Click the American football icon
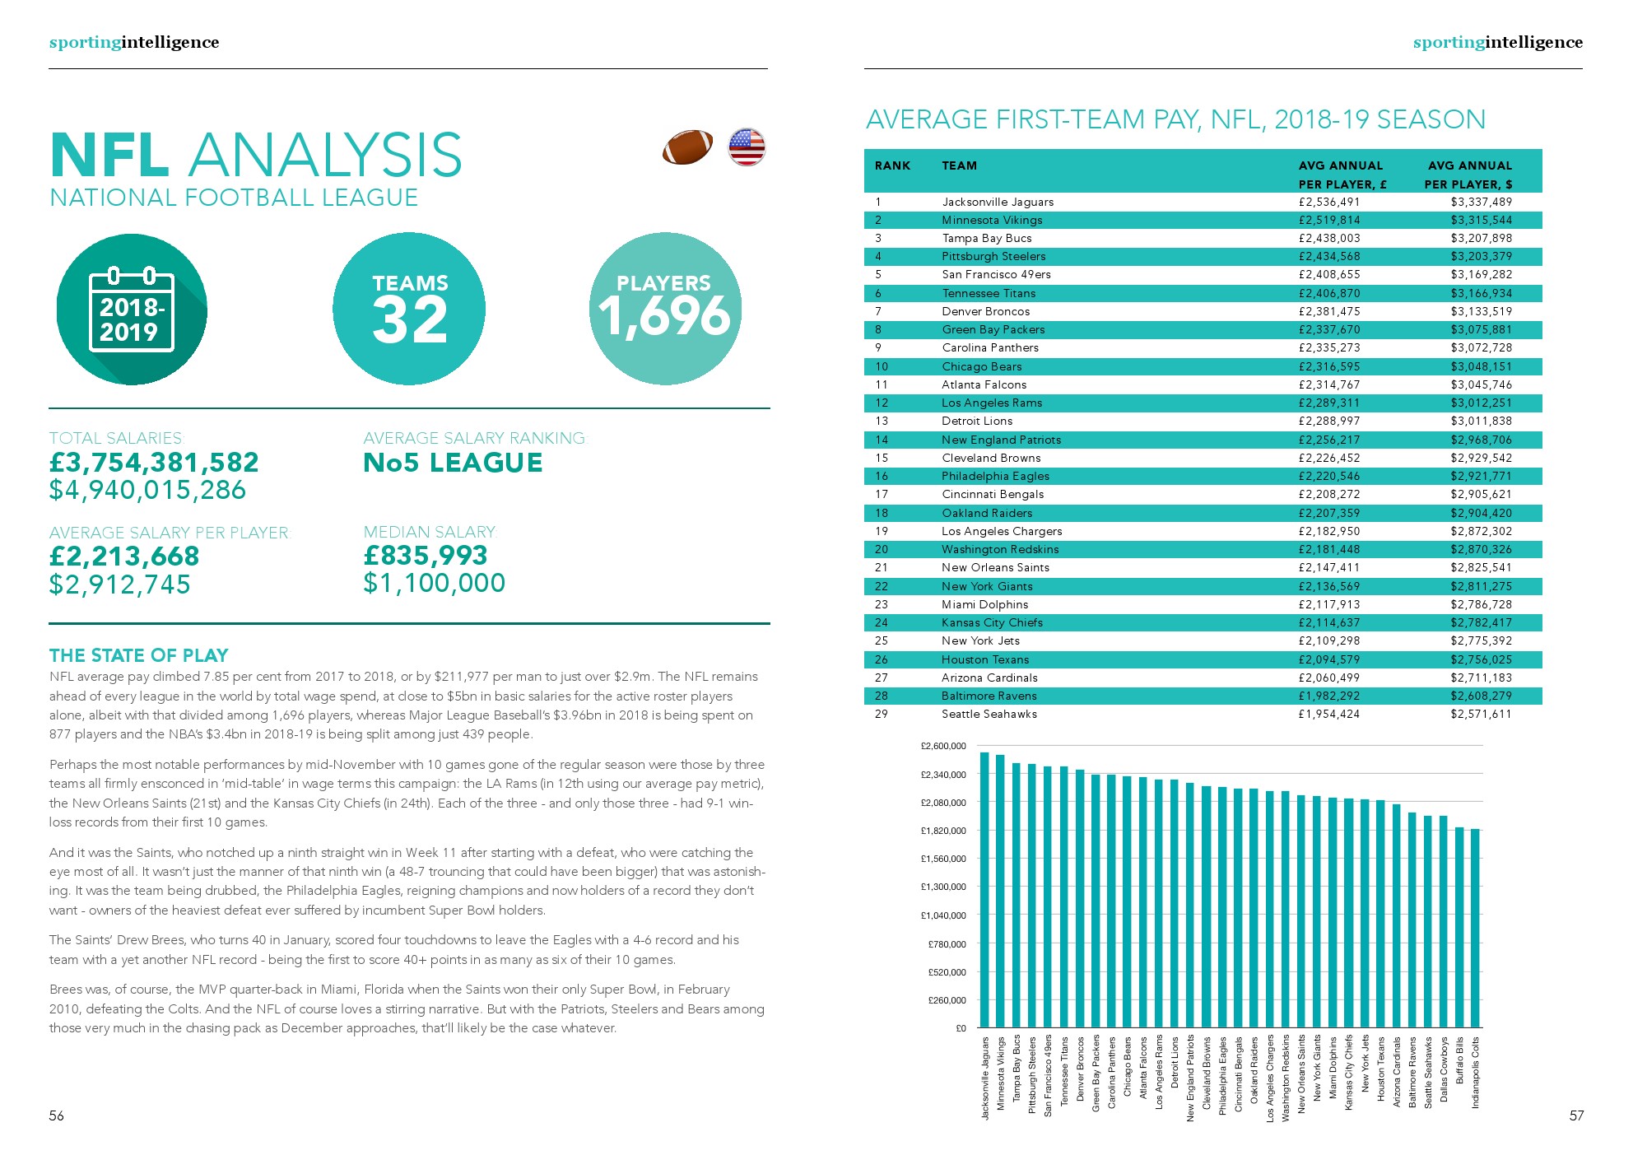click(x=687, y=147)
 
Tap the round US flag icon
click(x=747, y=147)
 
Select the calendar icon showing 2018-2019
click(x=132, y=310)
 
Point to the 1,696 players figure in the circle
click(x=664, y=316)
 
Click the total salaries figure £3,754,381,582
click(x=154, y=463)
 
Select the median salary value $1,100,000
click(x=434, y=583)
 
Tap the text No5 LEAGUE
click(x=453, y=463)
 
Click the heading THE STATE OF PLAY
click(x=138, y=655)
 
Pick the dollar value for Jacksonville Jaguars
click(x=1481, y=202)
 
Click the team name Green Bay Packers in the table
click(x=993, y=329)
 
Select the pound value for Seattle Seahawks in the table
click(x=1328, y=714)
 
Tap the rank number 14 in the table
click(x=882, y=440)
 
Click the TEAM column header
click(x=959, y=165)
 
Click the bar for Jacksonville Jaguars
click(x=984, y=889)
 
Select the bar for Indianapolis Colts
click(x=1475, y=928)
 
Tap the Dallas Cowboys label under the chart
click(x=1444, y=1070)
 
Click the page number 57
click(x=1576, y=1115)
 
